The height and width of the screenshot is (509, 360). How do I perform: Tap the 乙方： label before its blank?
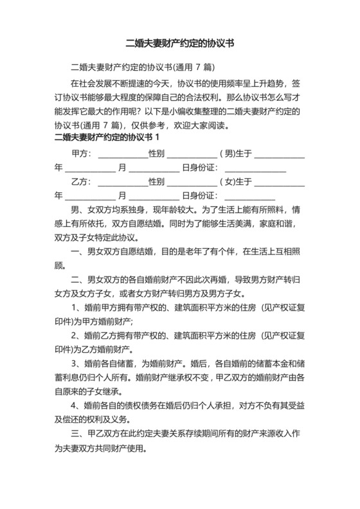82,182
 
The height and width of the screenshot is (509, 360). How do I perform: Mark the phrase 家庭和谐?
283,224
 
